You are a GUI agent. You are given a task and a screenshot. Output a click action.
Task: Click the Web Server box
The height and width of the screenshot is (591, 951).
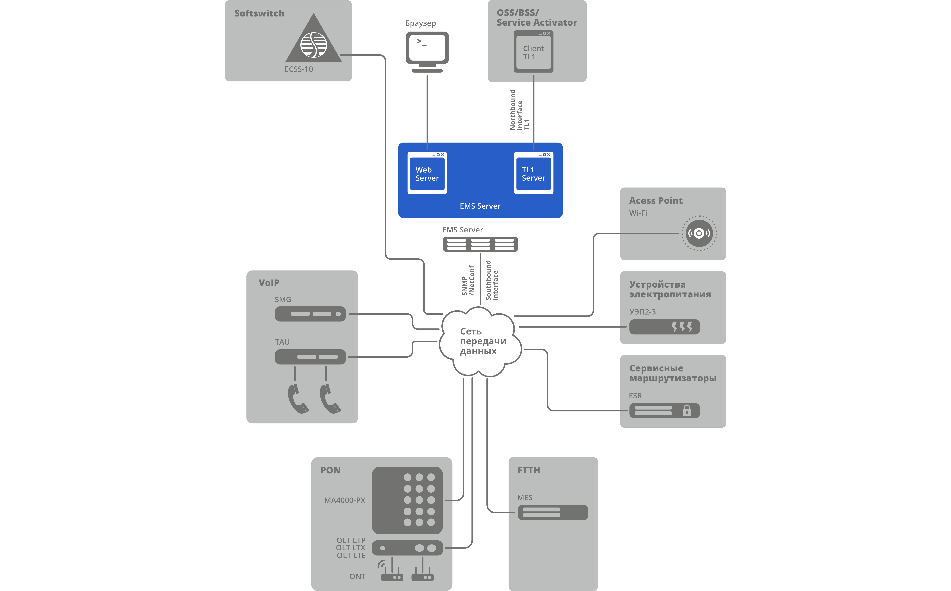point(427,173)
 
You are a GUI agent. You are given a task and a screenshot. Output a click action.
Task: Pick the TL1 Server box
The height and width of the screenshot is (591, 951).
point(533,173)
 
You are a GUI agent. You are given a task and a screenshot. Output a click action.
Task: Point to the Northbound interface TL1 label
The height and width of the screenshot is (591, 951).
point(519,110)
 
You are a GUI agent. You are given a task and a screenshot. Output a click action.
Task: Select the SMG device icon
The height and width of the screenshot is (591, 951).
point(310,314)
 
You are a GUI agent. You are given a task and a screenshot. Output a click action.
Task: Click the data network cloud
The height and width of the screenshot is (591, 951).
point(480,341)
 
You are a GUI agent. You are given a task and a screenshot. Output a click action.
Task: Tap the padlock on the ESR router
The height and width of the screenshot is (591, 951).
point(687,410)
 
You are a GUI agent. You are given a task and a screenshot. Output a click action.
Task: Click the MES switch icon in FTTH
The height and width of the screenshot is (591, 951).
point(553,512)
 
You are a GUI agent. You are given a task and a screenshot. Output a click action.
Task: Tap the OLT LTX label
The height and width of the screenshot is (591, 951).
point(350,548)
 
